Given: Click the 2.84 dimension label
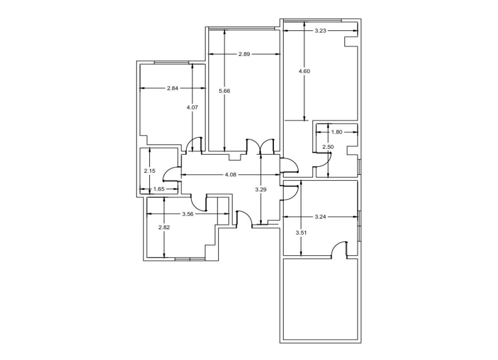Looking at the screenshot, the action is click(x=173, y=88).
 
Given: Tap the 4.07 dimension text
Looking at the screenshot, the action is click(x=192, y=108).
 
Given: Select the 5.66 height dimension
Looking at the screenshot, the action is click(x=224, y=91).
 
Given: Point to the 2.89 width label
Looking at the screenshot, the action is click(x=244, y=54).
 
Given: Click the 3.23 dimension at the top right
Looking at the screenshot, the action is click(x=320, y=31).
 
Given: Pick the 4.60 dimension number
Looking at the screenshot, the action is click(x=304, y=71).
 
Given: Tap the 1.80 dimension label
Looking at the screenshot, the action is click(x=337, y=132).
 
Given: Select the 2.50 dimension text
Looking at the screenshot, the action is click(x=328, y=147).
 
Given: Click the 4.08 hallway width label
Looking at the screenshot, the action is click(x=230, y=175).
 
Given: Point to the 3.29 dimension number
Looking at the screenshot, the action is click(x=261, y=190).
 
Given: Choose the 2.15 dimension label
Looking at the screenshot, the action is click(x=150, y=171).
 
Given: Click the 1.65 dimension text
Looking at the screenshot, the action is click(x=159, y=189).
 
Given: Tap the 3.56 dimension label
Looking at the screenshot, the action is click(x=188, y=214).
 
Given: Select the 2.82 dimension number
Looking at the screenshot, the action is click(x=164, y=227).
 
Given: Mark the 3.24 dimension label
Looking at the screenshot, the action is click(x=320, y=216).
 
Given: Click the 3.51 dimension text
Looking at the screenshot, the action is click(x=301, y=233).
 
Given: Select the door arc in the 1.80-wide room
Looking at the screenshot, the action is click(x=327, y=162).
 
